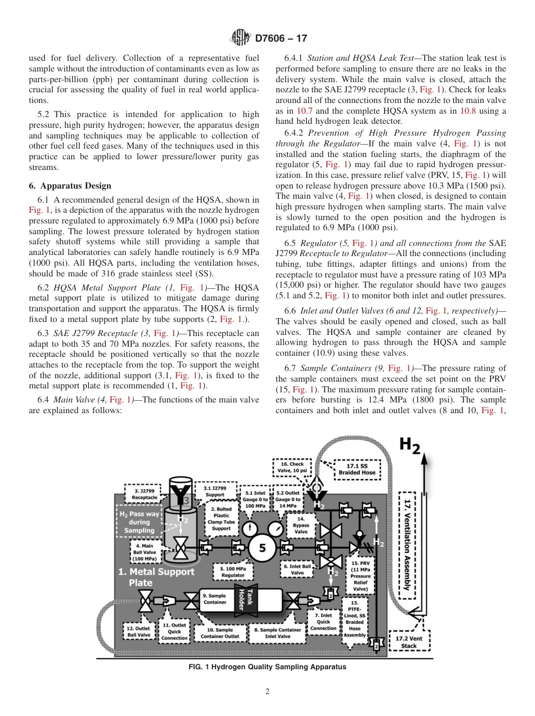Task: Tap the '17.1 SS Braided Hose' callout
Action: click(356, 468)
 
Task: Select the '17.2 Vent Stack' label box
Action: click(409, 642)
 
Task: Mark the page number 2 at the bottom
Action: click(267, 692)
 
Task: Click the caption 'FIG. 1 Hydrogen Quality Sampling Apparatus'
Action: click(267, 667)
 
